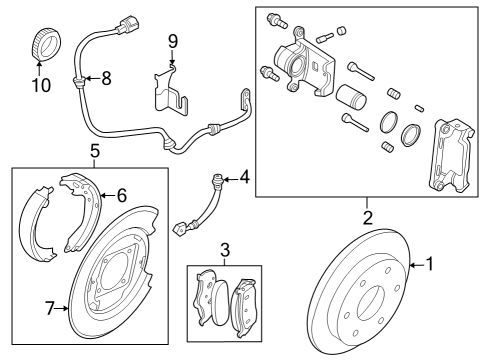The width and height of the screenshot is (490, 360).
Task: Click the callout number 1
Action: coord(430,265)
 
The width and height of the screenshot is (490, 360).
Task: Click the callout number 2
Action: coord(367,216)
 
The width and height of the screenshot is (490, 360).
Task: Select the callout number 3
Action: coord(226,249)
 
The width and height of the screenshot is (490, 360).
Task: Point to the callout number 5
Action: coord(94,151)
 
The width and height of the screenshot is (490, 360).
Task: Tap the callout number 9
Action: coord(172,41)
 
